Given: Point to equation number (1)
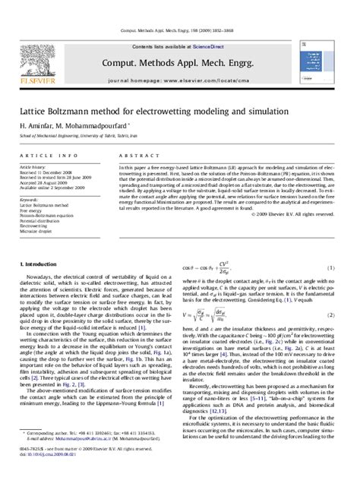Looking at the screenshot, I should (331, 268).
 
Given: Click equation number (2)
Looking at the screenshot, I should (331, 314).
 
